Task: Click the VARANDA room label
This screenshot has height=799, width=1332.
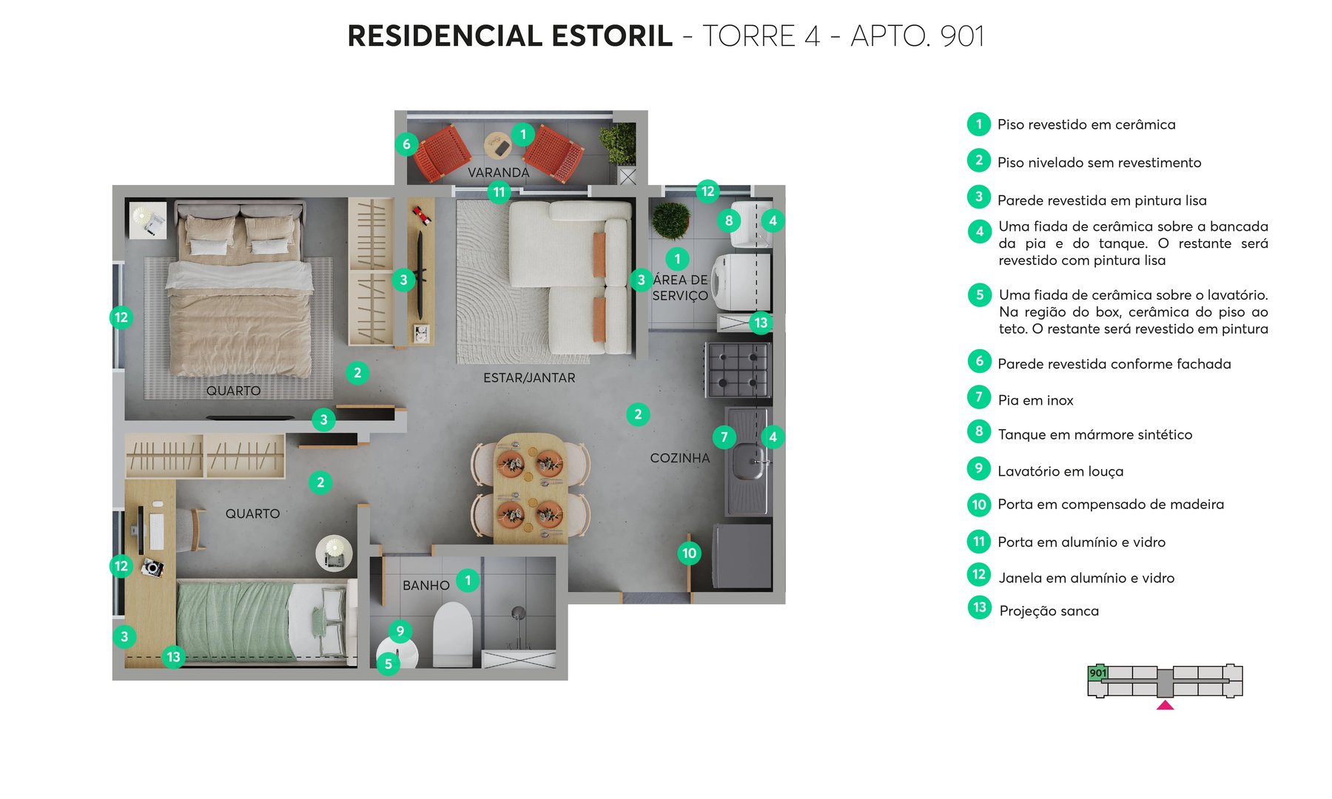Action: (x=498, y=172)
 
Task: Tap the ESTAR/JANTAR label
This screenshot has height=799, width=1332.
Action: (x=529, y=378)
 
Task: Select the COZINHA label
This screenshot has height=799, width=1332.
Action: (x=679, y=458)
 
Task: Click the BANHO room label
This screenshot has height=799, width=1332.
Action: (x=425, y=585)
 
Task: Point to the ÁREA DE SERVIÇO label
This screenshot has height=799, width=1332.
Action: (x=680, y=288)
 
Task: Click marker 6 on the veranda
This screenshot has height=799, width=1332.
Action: (x=406, y=144)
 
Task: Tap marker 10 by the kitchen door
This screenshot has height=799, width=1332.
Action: (x=689, y=553)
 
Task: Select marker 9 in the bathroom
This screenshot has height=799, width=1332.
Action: (x=400, y=631)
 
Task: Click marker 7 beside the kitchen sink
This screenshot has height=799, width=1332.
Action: (x=724, y=436)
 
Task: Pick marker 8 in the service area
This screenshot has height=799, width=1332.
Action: (x=729, y=220)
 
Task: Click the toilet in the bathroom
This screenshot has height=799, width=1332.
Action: (x=452, y=635)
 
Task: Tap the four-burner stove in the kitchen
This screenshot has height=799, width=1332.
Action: (x=738, y=369)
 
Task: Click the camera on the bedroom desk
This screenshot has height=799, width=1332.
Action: (x=153, y=567)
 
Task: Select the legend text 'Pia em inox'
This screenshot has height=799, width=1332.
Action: (x=1035, y=400)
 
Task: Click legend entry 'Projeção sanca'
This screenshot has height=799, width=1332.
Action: (x=1049, y=611)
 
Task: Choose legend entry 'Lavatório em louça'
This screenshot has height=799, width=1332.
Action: (x=1060, y=471)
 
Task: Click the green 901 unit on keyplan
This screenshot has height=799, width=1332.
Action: (x=1097, y=672)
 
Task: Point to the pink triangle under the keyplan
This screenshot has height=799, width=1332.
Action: (x=1165, y=706)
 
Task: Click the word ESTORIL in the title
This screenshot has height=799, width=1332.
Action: (x=612, y=36)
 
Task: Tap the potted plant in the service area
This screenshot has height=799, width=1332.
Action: (x=671, y=220)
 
